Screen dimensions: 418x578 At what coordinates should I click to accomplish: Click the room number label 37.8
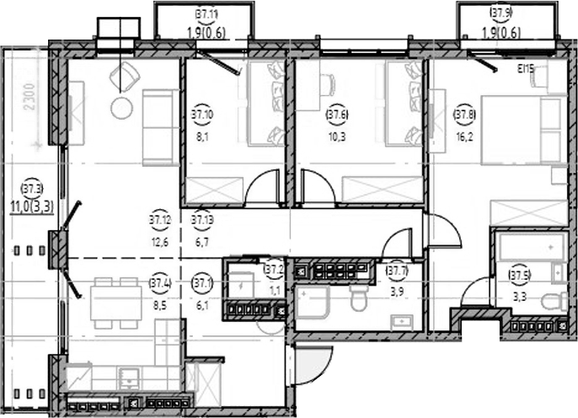[463, 110]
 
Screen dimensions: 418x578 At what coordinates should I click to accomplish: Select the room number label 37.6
[337, 110]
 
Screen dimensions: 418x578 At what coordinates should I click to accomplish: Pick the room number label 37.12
[160, 221]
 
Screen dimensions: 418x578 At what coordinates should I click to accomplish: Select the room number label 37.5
[520, 273]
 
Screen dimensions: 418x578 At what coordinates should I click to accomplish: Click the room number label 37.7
[397, 271]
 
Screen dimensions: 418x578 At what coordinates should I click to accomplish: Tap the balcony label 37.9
[501, 12]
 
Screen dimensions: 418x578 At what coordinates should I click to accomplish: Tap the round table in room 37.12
[123, 108]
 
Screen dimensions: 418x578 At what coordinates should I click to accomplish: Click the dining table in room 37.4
[115, 299]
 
